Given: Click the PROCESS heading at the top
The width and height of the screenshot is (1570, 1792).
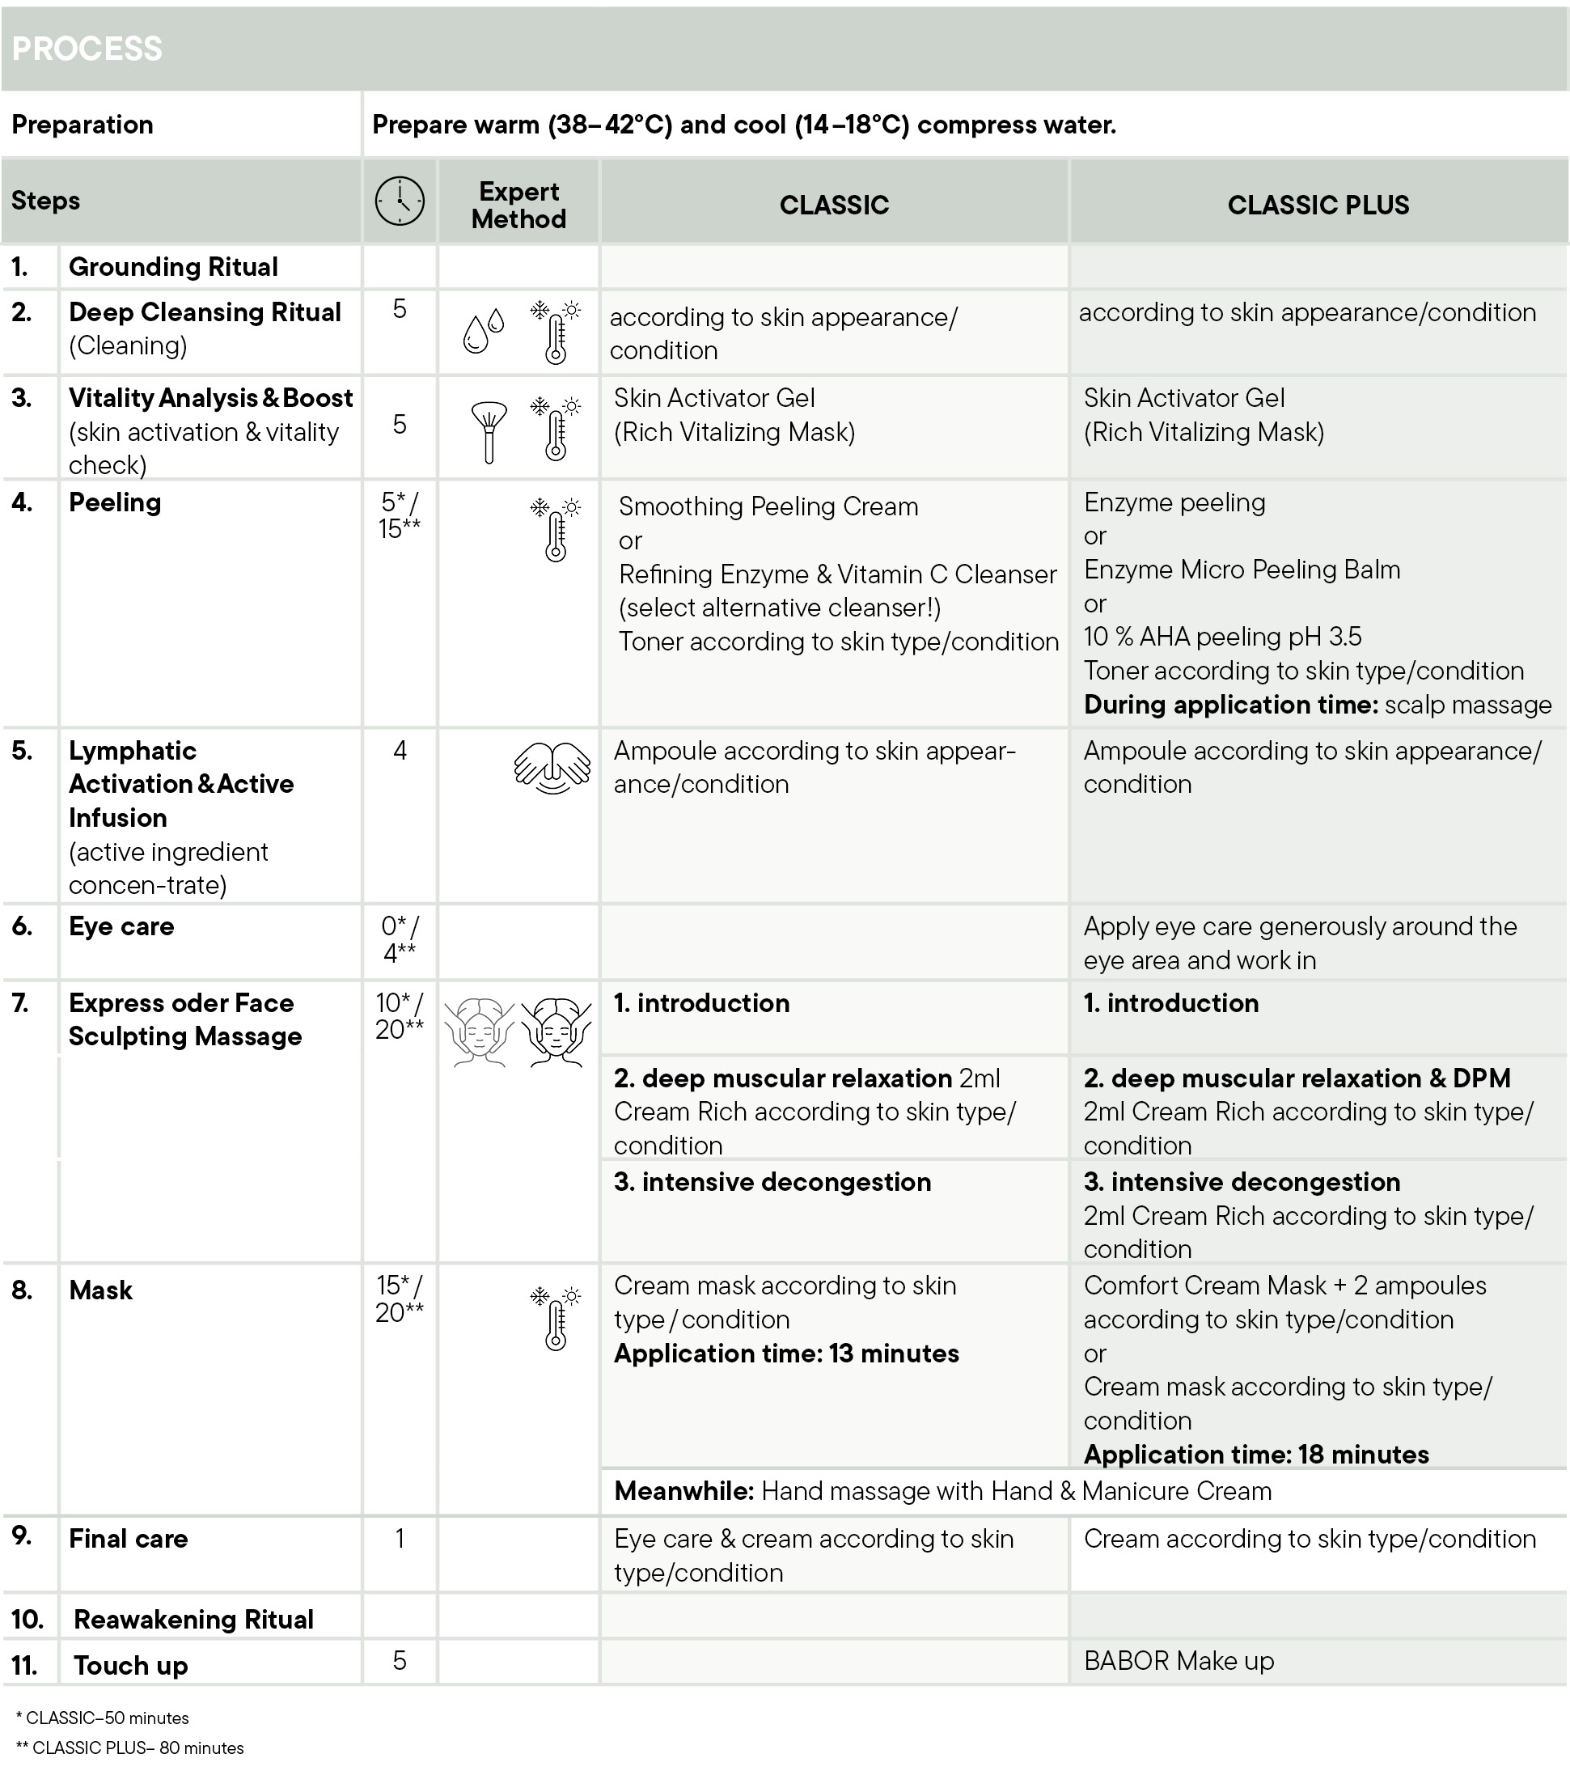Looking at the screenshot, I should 87,49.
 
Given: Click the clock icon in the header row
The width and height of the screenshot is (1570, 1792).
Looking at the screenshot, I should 400,201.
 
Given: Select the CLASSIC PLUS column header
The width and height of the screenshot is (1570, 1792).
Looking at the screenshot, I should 1318,205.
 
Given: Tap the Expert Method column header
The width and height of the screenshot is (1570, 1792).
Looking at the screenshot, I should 518,205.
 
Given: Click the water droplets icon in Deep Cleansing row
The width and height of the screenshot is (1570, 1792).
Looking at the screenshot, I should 484,331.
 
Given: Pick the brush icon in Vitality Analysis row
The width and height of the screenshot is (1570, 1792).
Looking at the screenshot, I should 489,430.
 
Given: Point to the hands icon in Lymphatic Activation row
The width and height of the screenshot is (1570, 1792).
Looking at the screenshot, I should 552,768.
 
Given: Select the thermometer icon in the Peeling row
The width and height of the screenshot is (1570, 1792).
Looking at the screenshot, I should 556,529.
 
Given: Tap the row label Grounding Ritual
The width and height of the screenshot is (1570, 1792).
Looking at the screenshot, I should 172,266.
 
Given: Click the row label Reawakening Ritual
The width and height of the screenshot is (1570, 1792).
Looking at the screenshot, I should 193,1619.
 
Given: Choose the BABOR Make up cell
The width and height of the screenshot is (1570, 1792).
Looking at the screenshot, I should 1179,1661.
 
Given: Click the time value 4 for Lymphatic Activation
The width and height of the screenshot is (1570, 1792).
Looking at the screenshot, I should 400,750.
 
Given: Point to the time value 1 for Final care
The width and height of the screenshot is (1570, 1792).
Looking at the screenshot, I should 400,1539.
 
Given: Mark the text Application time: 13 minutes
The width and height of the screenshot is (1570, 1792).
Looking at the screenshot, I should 786,1353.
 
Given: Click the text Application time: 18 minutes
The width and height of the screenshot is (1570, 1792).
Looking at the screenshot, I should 1255,1454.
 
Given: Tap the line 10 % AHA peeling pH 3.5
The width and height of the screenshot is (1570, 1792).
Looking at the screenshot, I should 1222,636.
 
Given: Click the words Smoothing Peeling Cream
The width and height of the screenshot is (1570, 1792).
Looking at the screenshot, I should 768,506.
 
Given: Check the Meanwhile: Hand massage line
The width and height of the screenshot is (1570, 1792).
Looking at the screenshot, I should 942,1490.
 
